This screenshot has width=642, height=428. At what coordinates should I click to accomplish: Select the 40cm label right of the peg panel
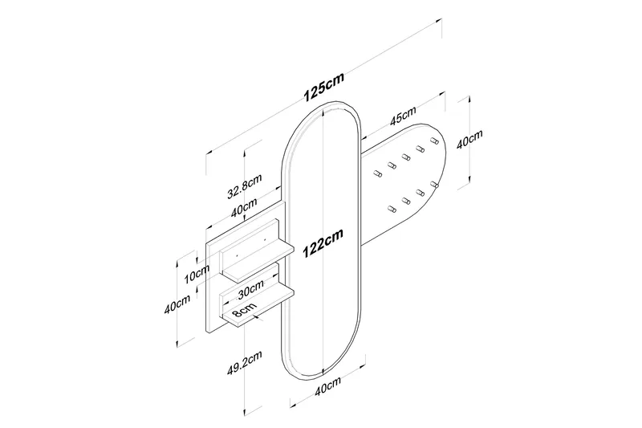469,142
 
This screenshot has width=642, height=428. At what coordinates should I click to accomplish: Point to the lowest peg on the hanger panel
392,210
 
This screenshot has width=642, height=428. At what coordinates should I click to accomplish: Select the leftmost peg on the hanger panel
376,172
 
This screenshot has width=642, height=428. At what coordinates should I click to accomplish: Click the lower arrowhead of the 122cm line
323,371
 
